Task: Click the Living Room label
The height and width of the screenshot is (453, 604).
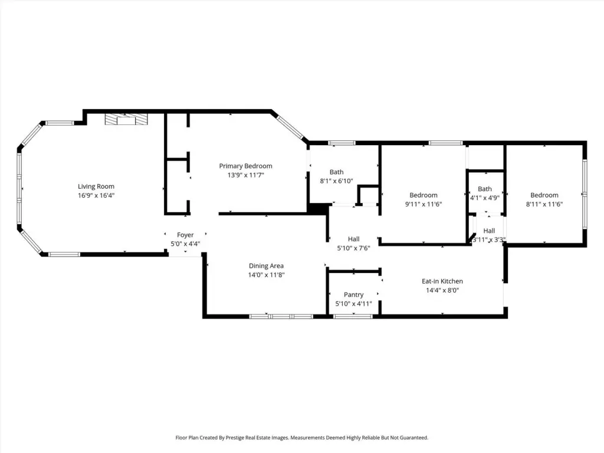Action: (x=96, y=186)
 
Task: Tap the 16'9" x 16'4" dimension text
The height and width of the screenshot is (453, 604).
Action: (x=96, y=195)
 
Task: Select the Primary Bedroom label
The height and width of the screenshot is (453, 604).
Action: (x=246, y=166)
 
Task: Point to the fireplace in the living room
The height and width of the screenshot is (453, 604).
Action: (x=126, y=119)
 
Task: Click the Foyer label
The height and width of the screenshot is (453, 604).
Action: (x=185, y=235)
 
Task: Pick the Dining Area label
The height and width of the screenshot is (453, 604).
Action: (x=266, y=266)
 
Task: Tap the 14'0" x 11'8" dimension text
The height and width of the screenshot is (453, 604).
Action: (x=266, y=275)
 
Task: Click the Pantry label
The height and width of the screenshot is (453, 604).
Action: (x=354, y=295)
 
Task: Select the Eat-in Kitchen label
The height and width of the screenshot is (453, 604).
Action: (x=442, y=281)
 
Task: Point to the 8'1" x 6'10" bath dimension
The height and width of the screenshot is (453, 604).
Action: (x=336, y=181)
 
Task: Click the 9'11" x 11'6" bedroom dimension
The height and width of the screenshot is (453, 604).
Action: (x=424, y=204)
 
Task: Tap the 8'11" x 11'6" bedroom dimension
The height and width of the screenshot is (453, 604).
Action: (x=544, y=204)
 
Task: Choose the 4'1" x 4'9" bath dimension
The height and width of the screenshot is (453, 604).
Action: (x=485, y=198)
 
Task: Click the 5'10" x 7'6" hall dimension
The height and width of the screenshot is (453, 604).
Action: (x=354, y=248)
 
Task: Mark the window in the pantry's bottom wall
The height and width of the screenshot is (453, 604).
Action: (x=353, y=317)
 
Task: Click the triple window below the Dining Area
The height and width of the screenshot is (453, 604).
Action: (x=281, y=317)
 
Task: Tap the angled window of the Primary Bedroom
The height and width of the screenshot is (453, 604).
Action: (x=291, y=128)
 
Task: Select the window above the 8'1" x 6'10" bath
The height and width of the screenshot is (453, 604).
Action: (x=342, y=143)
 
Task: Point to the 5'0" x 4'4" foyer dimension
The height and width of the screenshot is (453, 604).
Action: (x=185, y=244)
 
